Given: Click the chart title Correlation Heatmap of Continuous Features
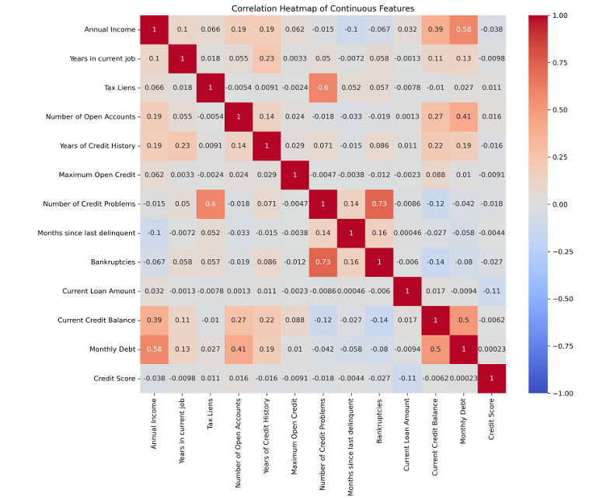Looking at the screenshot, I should click(x=322, y=9).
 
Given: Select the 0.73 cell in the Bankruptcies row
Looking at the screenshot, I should click(x=323, y=262).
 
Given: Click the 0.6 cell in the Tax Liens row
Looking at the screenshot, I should click(x=323, y=88).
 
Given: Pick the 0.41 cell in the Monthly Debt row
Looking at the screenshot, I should click(x=239, y=349).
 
